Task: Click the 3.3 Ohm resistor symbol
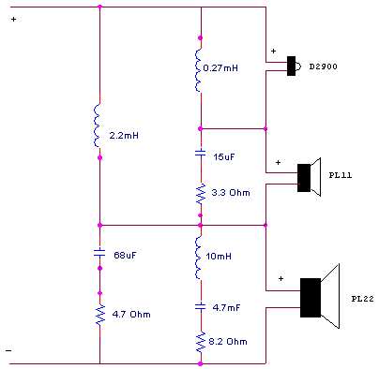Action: (200, 194)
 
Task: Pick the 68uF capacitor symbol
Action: (99, 253)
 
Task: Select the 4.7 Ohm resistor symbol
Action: (99, 314)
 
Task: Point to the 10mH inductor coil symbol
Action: (200, 258)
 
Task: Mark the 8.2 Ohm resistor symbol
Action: (200, 343)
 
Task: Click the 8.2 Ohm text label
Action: (228, 342)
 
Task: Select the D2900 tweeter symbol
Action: (294, 65)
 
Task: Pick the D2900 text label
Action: (324, 66)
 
